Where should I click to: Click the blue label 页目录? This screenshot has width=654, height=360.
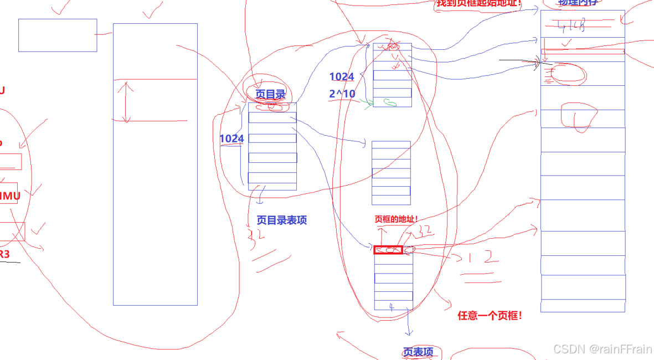(270, 95)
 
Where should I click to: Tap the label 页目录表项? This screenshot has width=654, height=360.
(282, 220)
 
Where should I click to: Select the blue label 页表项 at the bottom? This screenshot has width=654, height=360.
(418, 352)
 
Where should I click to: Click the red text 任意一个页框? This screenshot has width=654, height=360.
(490, 316)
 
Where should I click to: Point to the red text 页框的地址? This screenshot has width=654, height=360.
(396, 219)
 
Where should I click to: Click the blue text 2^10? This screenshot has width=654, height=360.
(342, 94)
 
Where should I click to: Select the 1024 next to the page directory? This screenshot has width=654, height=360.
(231, 138)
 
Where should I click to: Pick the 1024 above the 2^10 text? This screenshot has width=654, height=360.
(342, 77)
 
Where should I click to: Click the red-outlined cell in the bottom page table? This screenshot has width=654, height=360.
(388, 250)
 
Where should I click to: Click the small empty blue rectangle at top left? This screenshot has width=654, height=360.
(58, 35)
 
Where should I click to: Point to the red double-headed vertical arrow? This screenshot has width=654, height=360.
(126, 102)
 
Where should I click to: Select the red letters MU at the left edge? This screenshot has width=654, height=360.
(10, 196)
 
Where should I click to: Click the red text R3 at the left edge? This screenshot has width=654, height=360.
(4, 254)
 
